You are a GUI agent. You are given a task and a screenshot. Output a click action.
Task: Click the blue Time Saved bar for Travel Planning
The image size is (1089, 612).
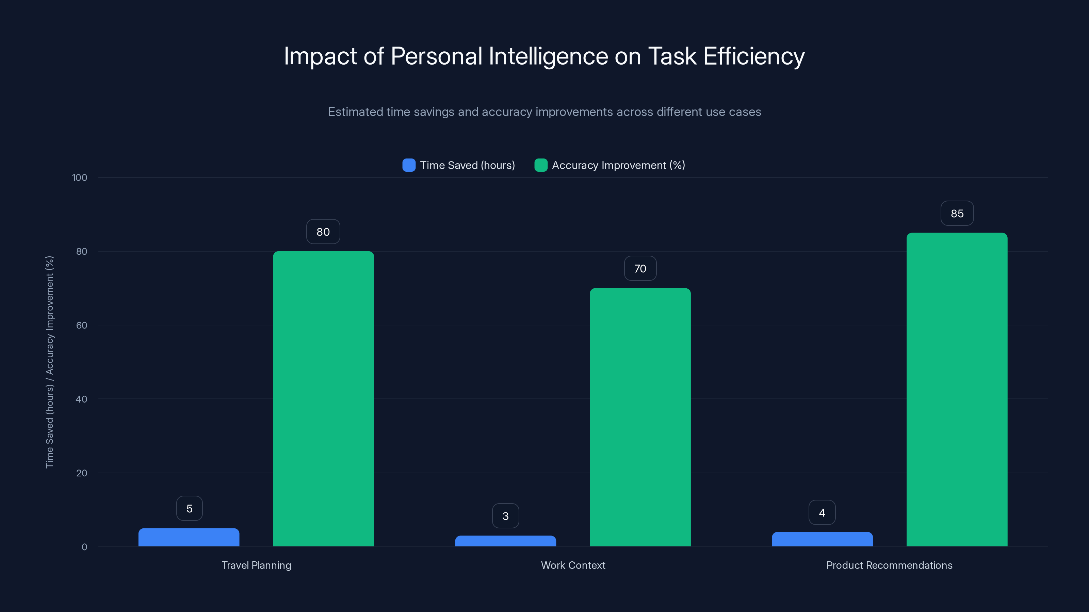[189, 537]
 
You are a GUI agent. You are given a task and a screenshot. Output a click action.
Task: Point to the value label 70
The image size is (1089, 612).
[640, 269]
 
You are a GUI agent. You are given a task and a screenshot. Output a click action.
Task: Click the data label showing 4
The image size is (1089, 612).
[822, 512]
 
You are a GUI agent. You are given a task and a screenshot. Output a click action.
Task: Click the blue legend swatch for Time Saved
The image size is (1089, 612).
[409, 165]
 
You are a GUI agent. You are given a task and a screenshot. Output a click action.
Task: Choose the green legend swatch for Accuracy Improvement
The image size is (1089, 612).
[541, 165]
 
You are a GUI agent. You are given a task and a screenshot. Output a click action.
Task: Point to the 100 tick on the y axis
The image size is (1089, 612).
[80, 177]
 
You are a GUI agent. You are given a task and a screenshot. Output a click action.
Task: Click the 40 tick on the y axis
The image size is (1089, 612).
[81, 399]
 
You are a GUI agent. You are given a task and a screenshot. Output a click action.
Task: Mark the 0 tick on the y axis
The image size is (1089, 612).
[84, 547]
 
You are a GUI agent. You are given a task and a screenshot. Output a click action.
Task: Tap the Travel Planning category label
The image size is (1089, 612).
[256, 565]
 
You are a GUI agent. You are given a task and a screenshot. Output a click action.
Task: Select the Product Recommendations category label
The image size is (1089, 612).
[889, 565]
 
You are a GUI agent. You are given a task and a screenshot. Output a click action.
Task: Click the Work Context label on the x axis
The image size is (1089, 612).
[573, 565]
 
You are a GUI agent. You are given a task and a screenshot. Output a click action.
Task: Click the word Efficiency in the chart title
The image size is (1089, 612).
[754, 56]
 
